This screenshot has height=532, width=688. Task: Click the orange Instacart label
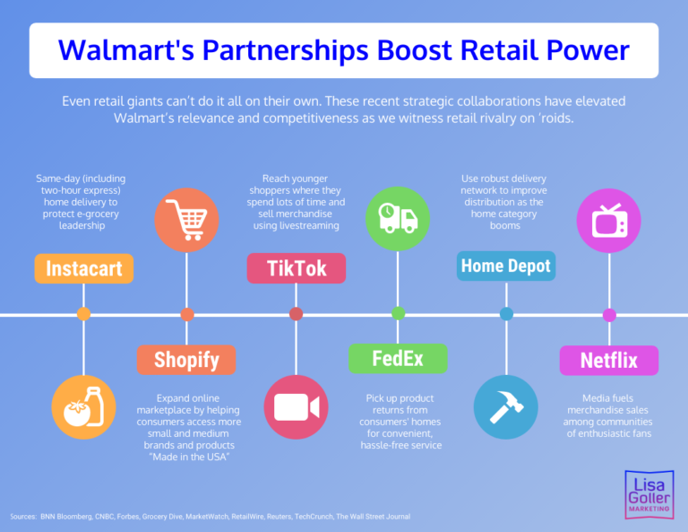[84, 269]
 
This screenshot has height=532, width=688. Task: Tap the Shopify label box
[186, 360]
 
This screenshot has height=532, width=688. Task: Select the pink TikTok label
[296, 268]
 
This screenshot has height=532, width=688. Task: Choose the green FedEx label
[398, 359]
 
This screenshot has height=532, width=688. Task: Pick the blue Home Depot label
[506, 266]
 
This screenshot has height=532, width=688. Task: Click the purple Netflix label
[609, 360]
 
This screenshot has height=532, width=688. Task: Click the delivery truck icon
[398, 217]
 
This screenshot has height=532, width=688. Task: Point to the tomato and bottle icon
[83, 406]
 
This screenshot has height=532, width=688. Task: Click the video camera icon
[296, 406]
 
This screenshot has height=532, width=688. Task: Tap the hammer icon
[506, 406]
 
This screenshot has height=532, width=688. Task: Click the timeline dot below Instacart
[83, 314]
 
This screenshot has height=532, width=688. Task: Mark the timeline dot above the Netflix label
[609, 315]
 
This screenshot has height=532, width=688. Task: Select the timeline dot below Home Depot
[506, 314]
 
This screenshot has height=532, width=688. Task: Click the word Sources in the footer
[22, 517]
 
